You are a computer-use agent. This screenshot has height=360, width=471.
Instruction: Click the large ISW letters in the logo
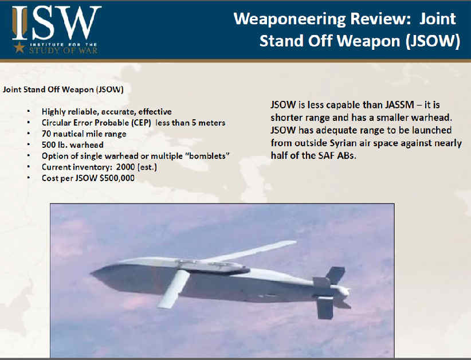57,23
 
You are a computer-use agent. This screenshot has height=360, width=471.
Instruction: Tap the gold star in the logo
19,47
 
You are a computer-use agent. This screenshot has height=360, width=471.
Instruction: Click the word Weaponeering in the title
290,19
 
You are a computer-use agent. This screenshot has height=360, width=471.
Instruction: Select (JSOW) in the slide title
433,41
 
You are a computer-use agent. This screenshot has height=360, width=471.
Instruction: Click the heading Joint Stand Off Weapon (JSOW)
63,89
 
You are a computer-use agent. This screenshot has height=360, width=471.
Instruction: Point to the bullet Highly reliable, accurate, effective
107,112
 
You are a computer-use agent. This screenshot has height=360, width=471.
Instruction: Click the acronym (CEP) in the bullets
140,123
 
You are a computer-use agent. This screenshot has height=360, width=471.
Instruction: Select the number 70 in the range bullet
46,134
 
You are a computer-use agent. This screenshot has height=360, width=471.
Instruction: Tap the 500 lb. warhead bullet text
72,145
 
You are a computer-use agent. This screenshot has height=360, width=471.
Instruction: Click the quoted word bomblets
209,156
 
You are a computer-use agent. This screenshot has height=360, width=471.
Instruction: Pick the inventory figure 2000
125,167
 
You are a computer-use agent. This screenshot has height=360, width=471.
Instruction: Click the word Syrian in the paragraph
343,143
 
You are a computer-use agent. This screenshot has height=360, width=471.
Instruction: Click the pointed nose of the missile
92,273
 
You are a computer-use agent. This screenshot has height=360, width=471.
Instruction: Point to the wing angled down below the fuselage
174,289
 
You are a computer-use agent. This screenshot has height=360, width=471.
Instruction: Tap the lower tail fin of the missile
325,307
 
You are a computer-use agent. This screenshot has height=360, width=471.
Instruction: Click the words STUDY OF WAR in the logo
64,50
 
